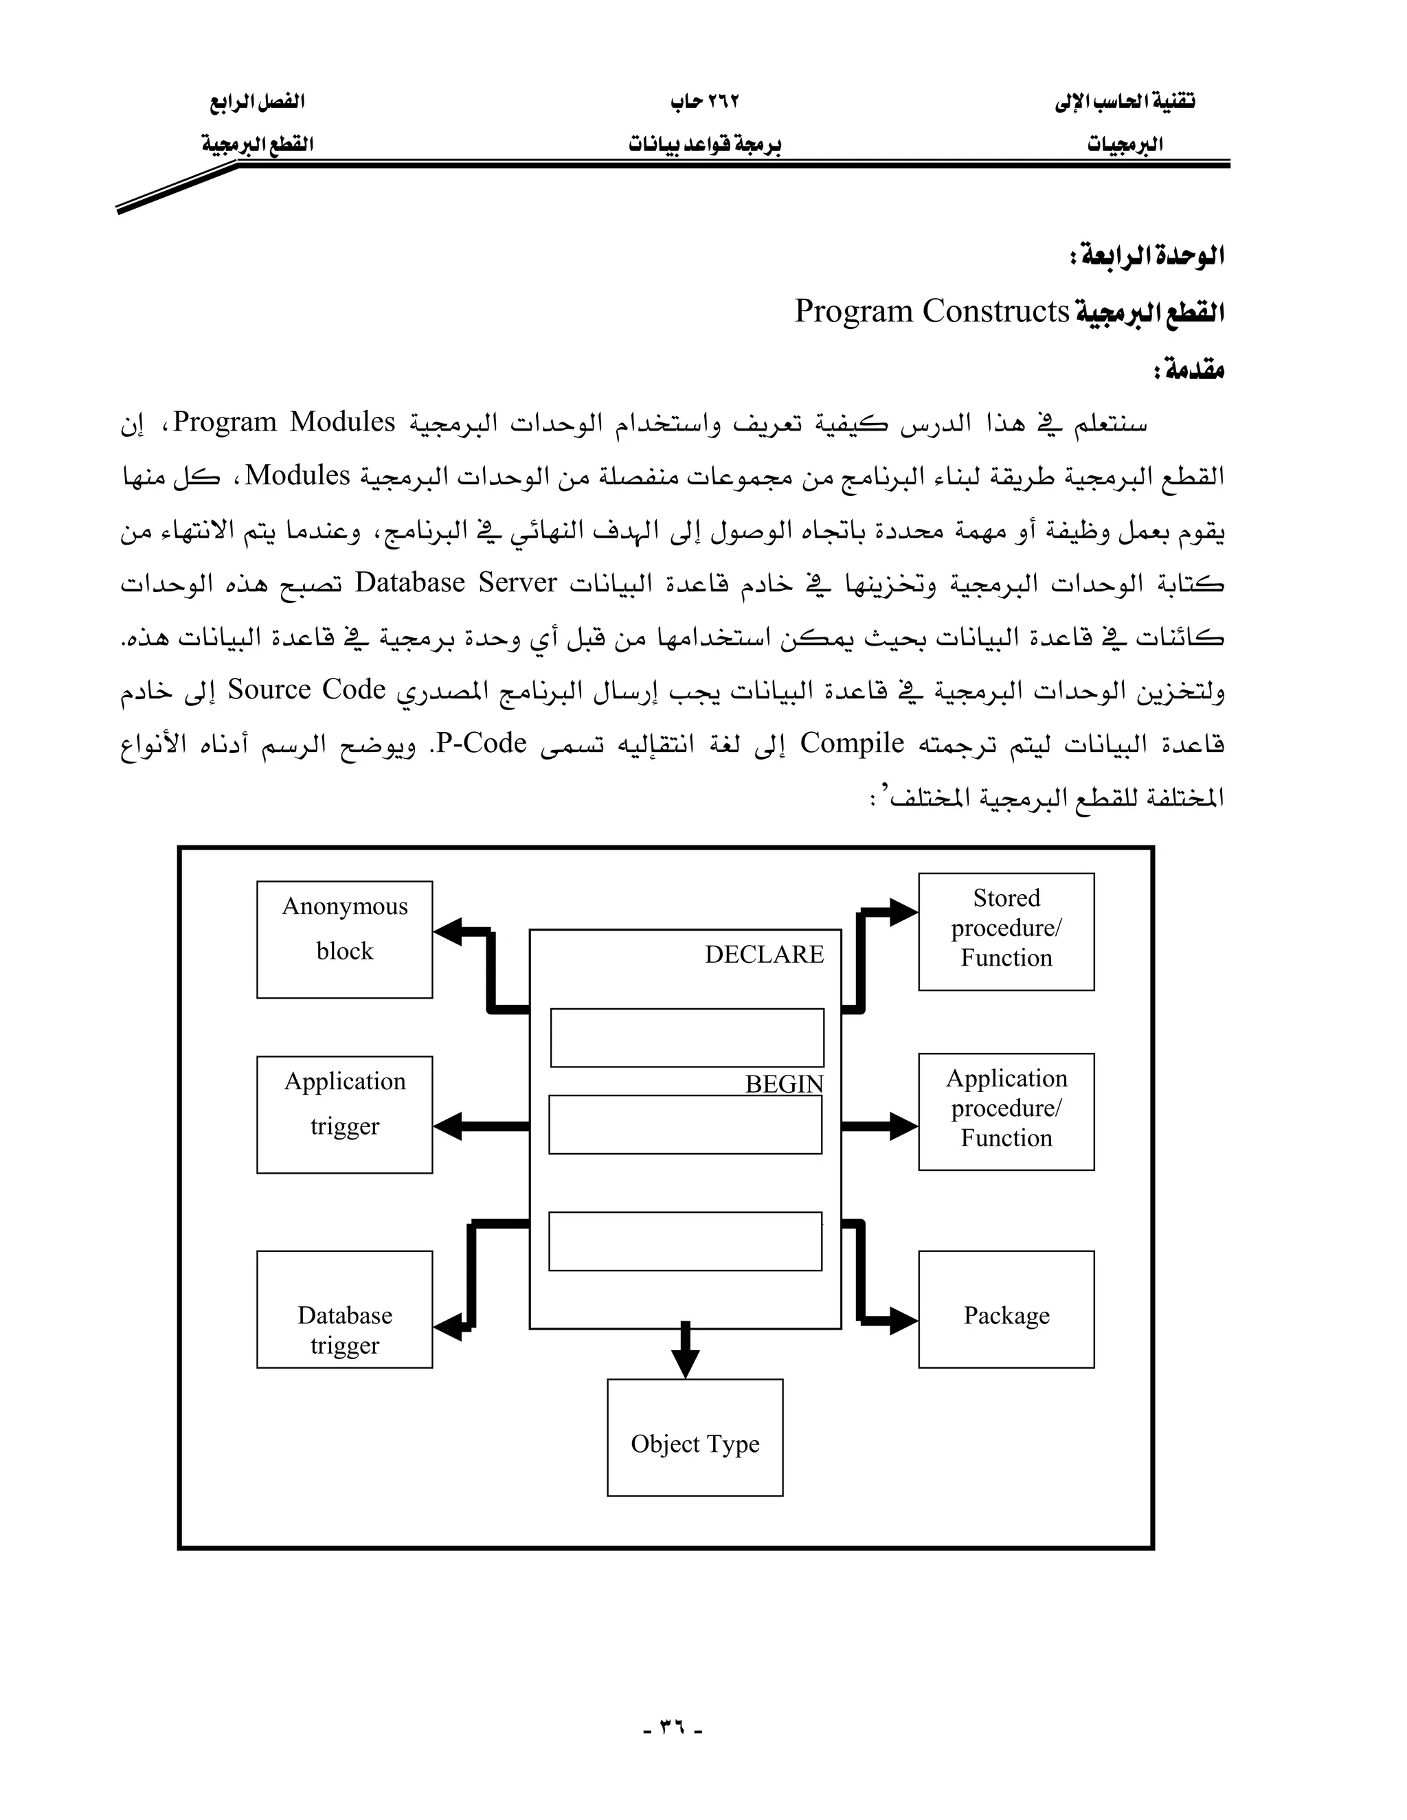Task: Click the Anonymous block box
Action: pos(344,939)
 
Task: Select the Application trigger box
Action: pos(344,1114)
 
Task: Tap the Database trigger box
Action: pos(344,1309)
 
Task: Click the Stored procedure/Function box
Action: pos(1006,931)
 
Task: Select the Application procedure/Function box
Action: pos(1006,1111)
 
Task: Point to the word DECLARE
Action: pos(763,954)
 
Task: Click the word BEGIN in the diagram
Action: pos(783,1084)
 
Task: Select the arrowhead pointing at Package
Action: pos(903,1321)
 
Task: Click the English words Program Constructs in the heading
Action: pos(931,311)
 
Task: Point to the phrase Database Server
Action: pos(455,582)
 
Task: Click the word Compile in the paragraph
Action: pos(852,743)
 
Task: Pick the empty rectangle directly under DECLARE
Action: pos(687,1038)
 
